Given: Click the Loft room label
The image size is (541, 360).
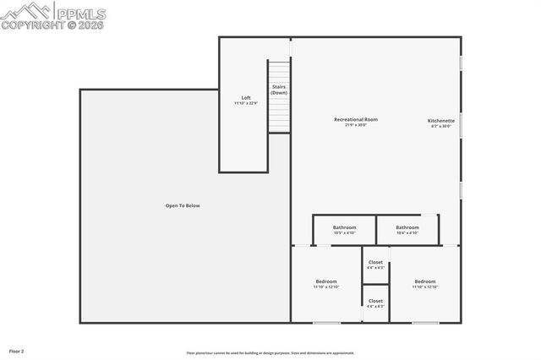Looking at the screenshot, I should click(x=246, y=98).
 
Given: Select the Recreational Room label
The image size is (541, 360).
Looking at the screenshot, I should click(x=356, y=120).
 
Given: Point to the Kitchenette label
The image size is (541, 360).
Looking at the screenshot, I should click(x=441, y=121).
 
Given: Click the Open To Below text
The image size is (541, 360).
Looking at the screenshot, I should click(x=183, y=205).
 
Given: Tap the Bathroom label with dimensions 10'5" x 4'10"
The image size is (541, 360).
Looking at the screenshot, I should click(x=344, y=227).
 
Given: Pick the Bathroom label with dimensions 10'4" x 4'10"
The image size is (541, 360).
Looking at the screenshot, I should click(x=407, y=227).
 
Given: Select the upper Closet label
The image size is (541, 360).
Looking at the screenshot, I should click(x=375, y=262).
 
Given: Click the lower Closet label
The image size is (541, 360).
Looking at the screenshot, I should click(x=375, y=301).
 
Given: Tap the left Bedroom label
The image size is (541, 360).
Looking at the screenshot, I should click(x=326, y=281).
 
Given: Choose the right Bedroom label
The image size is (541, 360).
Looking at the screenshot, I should click(x=425, y=281).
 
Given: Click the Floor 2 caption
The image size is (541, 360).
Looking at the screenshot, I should click(x=17, y=351).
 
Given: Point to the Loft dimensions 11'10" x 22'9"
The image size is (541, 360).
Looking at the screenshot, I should click(x=246, y=104).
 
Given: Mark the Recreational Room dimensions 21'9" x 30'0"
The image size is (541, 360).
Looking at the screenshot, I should click(x=356, y=126).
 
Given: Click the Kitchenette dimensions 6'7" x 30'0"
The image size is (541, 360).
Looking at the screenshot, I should click(x=441, y=127).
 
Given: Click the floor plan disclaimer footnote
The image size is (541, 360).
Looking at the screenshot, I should click(x=270, y=353).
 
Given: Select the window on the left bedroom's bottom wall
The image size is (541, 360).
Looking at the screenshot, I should click(x=326, y=323).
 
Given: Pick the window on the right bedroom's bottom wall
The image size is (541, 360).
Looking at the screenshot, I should click(x=425, y=323).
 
